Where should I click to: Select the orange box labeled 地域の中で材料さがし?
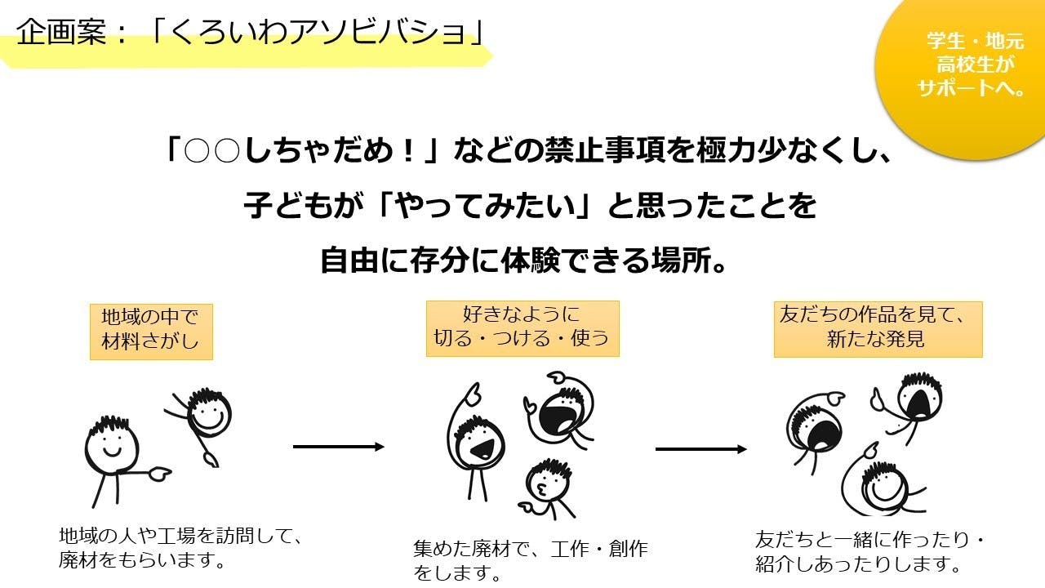(x=151, y=331)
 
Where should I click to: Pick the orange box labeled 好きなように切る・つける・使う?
(x=522, y=327)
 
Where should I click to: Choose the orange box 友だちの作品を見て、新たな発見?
(x=878, y=328)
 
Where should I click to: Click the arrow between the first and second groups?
(x=338, y=447)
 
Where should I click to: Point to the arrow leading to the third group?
(x=701, y=449)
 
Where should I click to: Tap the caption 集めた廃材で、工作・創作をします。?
(x=531, y=560)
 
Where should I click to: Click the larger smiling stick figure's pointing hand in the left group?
(x=158, y=471)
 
